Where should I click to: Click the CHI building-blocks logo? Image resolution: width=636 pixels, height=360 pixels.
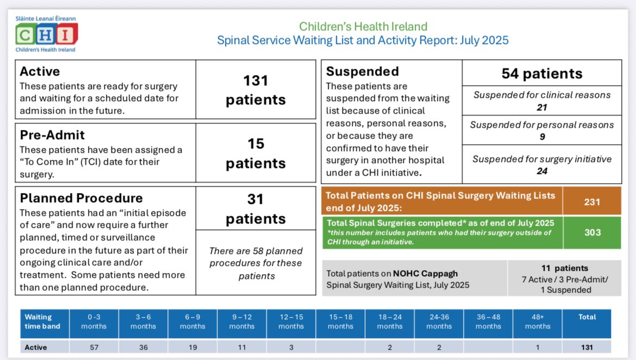pyautogui.click(x=46, y=34)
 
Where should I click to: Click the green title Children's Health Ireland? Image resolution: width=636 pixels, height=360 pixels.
pyautogui.click(x=363, y=26)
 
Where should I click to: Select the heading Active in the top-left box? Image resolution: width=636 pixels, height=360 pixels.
pyautogui.click(x=40, y=71)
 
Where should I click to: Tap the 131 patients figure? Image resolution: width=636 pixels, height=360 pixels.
pyautogui.click(x=255, y=90)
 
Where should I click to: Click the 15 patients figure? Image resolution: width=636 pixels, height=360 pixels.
pyautogui.click(x=255, y=153)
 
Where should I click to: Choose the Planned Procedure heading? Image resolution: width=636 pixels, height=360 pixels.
pyautogui.click(x=81, y=198)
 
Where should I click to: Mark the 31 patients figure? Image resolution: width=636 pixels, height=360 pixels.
pyautogui.click(x=255, y=208)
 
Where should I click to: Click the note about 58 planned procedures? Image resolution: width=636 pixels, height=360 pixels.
pyautogui.click(x=255, y=263)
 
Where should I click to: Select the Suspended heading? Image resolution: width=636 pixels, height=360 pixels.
pyautogui.click(x=362, y=71)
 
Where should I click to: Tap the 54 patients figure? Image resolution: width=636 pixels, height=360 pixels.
pyautogui.click(x=541, y=73)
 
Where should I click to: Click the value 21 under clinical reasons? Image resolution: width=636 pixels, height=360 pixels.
pyautogui.click(x=541, y=108)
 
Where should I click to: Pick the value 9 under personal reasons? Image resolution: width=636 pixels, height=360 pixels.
pyautogui.click(x=541, y=137)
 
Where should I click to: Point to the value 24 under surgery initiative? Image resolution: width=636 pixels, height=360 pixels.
pyautogui.click(x=541, y=171)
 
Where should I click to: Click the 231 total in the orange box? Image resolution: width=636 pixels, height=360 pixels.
pyautogui.click(x=592, y=202)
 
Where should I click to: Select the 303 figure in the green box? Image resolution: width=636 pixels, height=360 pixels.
pyautogui.click(x=592, y=232)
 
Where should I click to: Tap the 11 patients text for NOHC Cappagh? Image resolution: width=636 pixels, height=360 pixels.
pyautogui.click(x=564, y=268)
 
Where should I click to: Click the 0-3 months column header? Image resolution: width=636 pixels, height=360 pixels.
pyautogui.click(x=94, y=321)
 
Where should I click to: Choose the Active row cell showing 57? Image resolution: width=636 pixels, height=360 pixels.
pyautogui.click(x=94, y=347)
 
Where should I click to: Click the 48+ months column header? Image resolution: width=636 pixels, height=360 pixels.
pyautogui.click(x=538, y=321)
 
